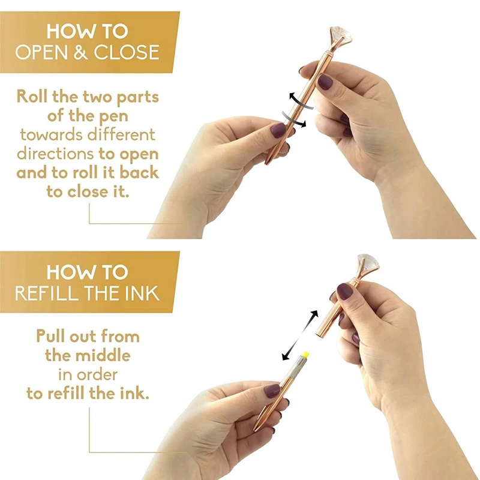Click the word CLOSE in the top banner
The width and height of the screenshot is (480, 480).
point(127,52)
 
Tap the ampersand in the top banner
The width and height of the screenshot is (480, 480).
point(80,52)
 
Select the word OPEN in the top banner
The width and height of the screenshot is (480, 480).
point(41,52)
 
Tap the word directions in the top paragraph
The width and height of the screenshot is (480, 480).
point(55,154)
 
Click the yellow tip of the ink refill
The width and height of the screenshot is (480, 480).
point(305,355)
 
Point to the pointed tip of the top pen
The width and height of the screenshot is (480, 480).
point(266,163)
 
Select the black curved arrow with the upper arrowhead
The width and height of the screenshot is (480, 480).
point(300,101)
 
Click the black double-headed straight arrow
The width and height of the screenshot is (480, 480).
point(300,335)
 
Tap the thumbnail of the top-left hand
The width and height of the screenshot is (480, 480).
point(278,131)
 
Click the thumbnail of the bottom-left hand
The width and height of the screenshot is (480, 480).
point(272,391)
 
